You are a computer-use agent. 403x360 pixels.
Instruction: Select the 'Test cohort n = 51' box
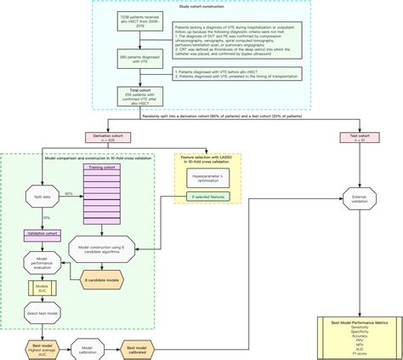360,138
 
